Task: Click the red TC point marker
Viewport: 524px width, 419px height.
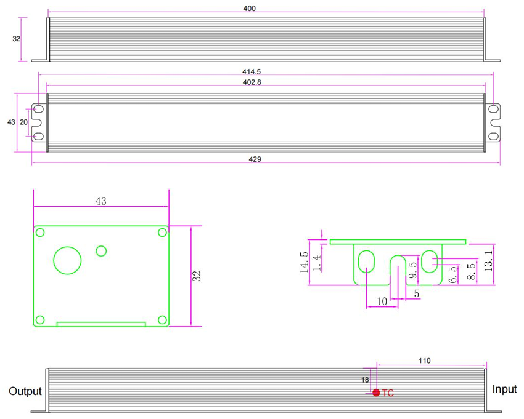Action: point(376,393)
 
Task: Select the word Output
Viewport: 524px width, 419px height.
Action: point(25,391)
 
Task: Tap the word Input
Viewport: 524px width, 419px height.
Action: point(505,389)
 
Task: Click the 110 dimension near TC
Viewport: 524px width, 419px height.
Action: point(424,361)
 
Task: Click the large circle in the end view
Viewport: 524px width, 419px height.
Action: point(67,261)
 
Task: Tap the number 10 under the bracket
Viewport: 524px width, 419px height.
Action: point(382,301)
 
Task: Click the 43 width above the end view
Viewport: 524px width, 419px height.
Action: point(100,201)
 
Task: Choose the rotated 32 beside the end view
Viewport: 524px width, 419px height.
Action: point(197,276)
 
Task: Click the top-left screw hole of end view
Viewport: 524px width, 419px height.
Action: point(40,233)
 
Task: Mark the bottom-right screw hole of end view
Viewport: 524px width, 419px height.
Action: point(162,320)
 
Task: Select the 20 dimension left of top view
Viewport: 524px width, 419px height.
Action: point(24,122)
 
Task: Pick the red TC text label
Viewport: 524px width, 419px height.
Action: point(388,393)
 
